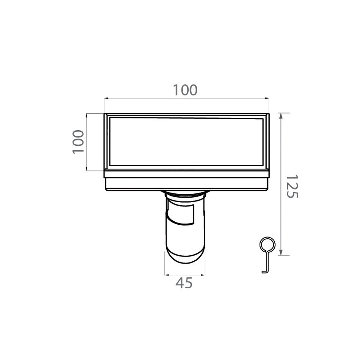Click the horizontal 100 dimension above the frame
(185, 90)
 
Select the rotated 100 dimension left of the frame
(78, 142)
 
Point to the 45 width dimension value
(184, 283)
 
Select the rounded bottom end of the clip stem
(185, 257)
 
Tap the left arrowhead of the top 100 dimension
(105, 98)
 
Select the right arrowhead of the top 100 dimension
(267, 98)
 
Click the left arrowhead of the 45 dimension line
(166, 275)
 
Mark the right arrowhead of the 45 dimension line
(204, 275)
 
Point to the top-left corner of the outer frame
(105, 114)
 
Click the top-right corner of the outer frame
(269, 114)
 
